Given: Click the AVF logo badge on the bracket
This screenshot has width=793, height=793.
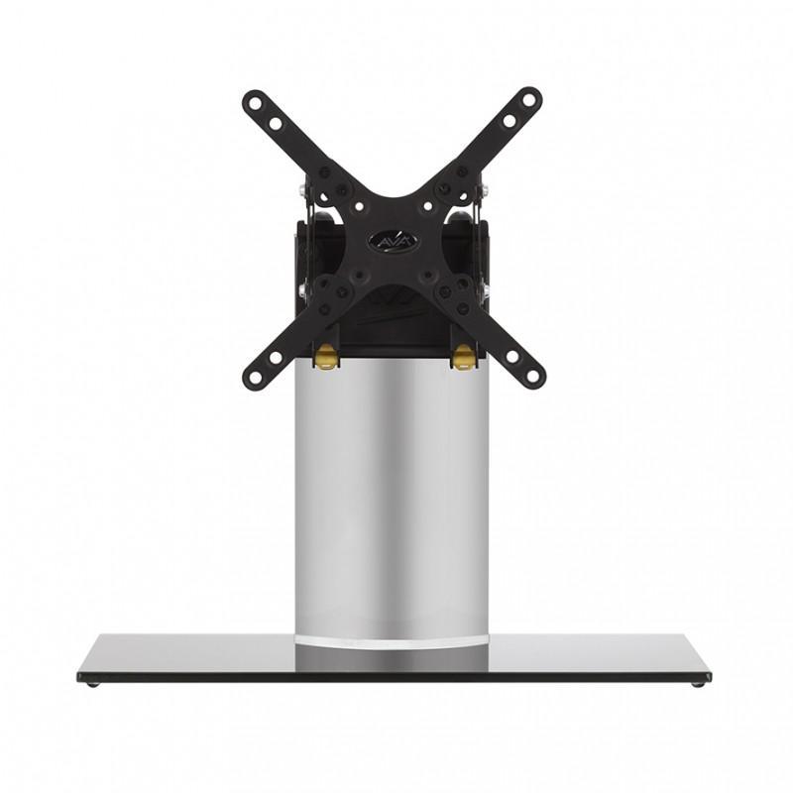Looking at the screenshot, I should [393, 241].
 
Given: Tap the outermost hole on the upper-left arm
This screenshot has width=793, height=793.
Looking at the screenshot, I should [255, 102].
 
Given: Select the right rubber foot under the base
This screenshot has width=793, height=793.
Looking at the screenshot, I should [701, 682].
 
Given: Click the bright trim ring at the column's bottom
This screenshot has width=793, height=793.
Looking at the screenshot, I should [392, 642].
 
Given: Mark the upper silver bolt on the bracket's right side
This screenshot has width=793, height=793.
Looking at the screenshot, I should [485, 188].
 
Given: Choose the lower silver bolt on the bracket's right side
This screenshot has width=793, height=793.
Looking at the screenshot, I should [486, 290].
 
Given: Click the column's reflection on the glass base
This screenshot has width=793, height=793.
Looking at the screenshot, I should [392, 660].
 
